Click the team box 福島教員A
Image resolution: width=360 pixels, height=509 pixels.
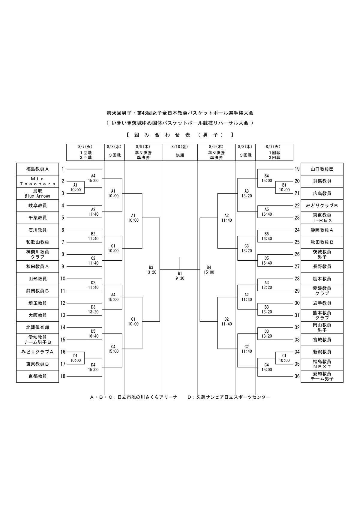[x=37, y=169]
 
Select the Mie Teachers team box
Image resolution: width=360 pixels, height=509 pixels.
[x=37, y=181]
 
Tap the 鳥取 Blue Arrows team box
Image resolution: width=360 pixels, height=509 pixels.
[x=37, y=193]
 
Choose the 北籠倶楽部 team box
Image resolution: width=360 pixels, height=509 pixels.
[x=37, y=328]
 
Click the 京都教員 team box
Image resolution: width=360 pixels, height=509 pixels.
[x=37, y=376]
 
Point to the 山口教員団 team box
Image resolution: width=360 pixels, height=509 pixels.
[x=322, y=169]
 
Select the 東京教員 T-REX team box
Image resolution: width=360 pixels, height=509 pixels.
[x=322, y=218]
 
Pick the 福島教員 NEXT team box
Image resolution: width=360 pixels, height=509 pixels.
[x=322, y=364]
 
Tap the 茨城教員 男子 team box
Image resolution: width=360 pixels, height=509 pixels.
[x=322, y=254]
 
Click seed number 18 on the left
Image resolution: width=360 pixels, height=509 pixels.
[x=63, y=376]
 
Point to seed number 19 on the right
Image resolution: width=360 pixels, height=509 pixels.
[x=297, y=169]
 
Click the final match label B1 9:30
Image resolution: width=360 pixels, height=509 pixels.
[x=180, y=276]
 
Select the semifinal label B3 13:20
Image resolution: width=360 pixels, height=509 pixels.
[x=151, y=270]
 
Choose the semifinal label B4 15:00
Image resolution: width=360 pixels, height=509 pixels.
[x=209, y=270]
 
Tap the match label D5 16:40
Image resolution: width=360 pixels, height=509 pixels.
[x=93, y=334]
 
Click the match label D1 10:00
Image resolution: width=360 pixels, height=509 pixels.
[x=76, y=358]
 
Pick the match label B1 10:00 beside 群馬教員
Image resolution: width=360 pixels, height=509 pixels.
[x=284, y=187]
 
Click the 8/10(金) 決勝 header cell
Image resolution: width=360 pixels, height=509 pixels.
[x=180, y=152]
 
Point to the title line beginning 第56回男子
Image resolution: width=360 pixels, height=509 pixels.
[x=180, y=113]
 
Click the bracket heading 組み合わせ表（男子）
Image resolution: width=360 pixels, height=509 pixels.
[x=180, y=135]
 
